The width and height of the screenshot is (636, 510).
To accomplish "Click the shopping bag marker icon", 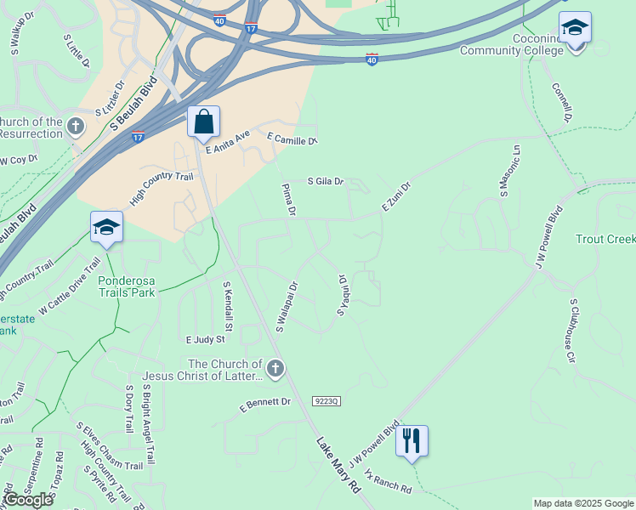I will pyautogui.click(x=204, y=122).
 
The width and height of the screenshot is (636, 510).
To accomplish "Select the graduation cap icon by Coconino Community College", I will pyautogui.click(x=576, y=30).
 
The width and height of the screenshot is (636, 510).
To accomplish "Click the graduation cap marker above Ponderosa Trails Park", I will pyautogui.click(x=107, y=228).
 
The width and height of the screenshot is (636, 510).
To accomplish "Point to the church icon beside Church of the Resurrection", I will pyautogui.click(x=76, y=127).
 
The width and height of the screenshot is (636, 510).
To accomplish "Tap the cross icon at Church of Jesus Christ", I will pyautogui.click(x=275, y=369).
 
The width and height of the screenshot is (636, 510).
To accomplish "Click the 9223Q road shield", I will pyautogui.click(x=327, y=400).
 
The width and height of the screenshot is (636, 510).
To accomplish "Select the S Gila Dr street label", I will pyautogui.click(x=326, y=181).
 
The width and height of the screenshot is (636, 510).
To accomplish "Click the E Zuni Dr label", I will pyautogui.click(x=395, y=197).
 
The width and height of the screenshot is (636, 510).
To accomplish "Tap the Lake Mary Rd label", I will pyautogui.click(x=338, y=466).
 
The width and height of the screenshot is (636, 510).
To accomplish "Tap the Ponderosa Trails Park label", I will pyautogui.click(x=127, y=286).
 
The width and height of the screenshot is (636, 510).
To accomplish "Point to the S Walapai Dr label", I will pyautogui.click(x=287, y=306).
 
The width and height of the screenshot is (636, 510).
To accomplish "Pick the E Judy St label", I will pyautogui.click(x=205, y=338).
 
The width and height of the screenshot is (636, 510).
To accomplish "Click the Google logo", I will pyautogui.click(x=28, y=500).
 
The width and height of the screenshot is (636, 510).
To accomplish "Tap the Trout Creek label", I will pyautogui.click(x=605, y=240).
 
